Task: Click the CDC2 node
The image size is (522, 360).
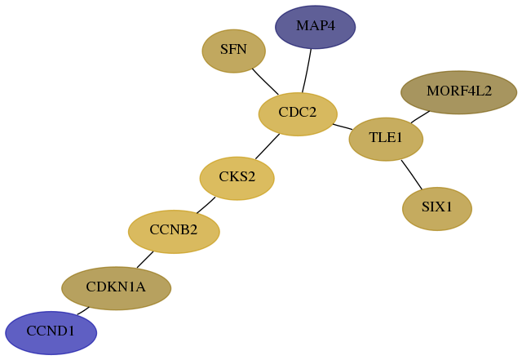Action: tap(298, 114)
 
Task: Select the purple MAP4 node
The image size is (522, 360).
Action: tap(316, 27)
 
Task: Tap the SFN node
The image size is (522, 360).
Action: tap(234, 51)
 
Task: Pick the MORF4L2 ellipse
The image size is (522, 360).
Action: tap(458, 92)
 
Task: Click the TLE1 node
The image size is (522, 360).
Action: tap(386, 139)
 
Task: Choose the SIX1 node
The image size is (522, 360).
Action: tap(437, 209)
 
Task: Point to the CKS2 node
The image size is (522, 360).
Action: tap(237, 178)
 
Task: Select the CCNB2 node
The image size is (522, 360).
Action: tap(174, 232)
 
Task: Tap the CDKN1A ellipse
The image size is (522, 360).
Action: tap(116, 288)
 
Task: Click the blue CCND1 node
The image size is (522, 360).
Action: tap(51, 333)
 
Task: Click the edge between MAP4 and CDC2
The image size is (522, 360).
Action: tap(307, 71)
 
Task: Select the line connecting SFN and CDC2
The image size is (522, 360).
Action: tap(265, 82)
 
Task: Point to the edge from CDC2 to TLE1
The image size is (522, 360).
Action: tap(343, 127)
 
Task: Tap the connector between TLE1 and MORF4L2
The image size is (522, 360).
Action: tap(420, 117)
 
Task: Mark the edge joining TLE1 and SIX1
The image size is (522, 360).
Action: tap(412, 175)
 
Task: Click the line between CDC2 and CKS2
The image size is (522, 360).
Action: tap(268, 147)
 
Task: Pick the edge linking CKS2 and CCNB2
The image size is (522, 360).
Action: tap(206, 206)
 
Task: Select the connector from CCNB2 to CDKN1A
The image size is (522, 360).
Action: tap(145, 260)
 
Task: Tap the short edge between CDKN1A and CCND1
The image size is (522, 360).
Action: tap(83, 311)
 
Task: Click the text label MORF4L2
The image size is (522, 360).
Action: tap(459, 91)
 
